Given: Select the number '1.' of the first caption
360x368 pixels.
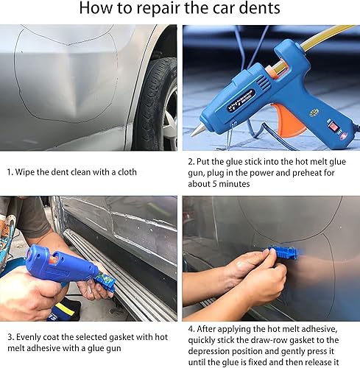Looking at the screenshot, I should click(x=11, y=172).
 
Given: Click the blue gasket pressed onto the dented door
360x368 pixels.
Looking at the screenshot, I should click(x=284, y=253).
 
